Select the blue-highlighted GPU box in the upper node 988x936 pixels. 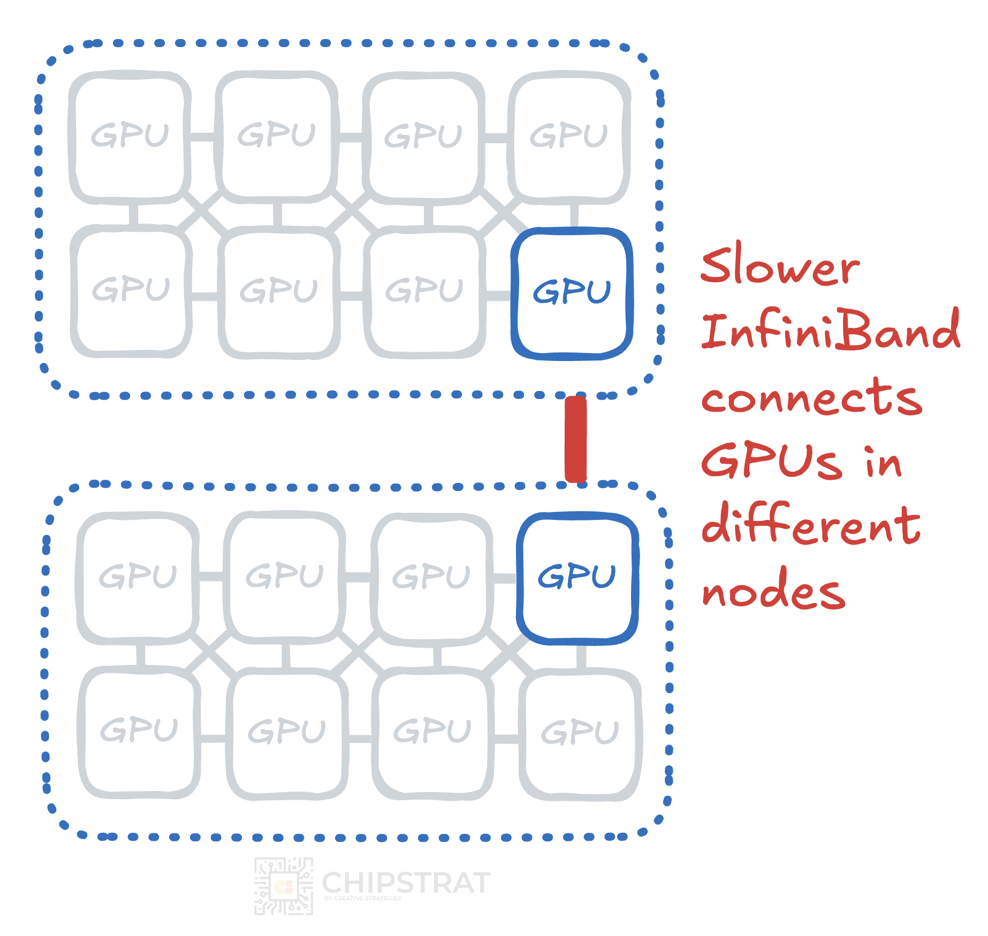pyautogui.click(x=572, y=293)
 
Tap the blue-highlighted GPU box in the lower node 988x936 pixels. pyautogui.click(x=577, y=578)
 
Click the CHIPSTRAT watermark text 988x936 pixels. pyautogui.click(x=406, y=883)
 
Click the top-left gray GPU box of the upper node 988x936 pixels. pyautogui.click(x=130, y=137)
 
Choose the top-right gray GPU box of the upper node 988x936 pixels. pyautogui.click(x=569, y=137)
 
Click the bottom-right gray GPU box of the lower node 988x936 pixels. pyautogui.click(x=580, y=733)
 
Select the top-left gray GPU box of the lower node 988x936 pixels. pyautogui.click(x=138, y=578)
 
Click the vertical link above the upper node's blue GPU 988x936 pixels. pyautogui.click(x=574, y=215)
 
